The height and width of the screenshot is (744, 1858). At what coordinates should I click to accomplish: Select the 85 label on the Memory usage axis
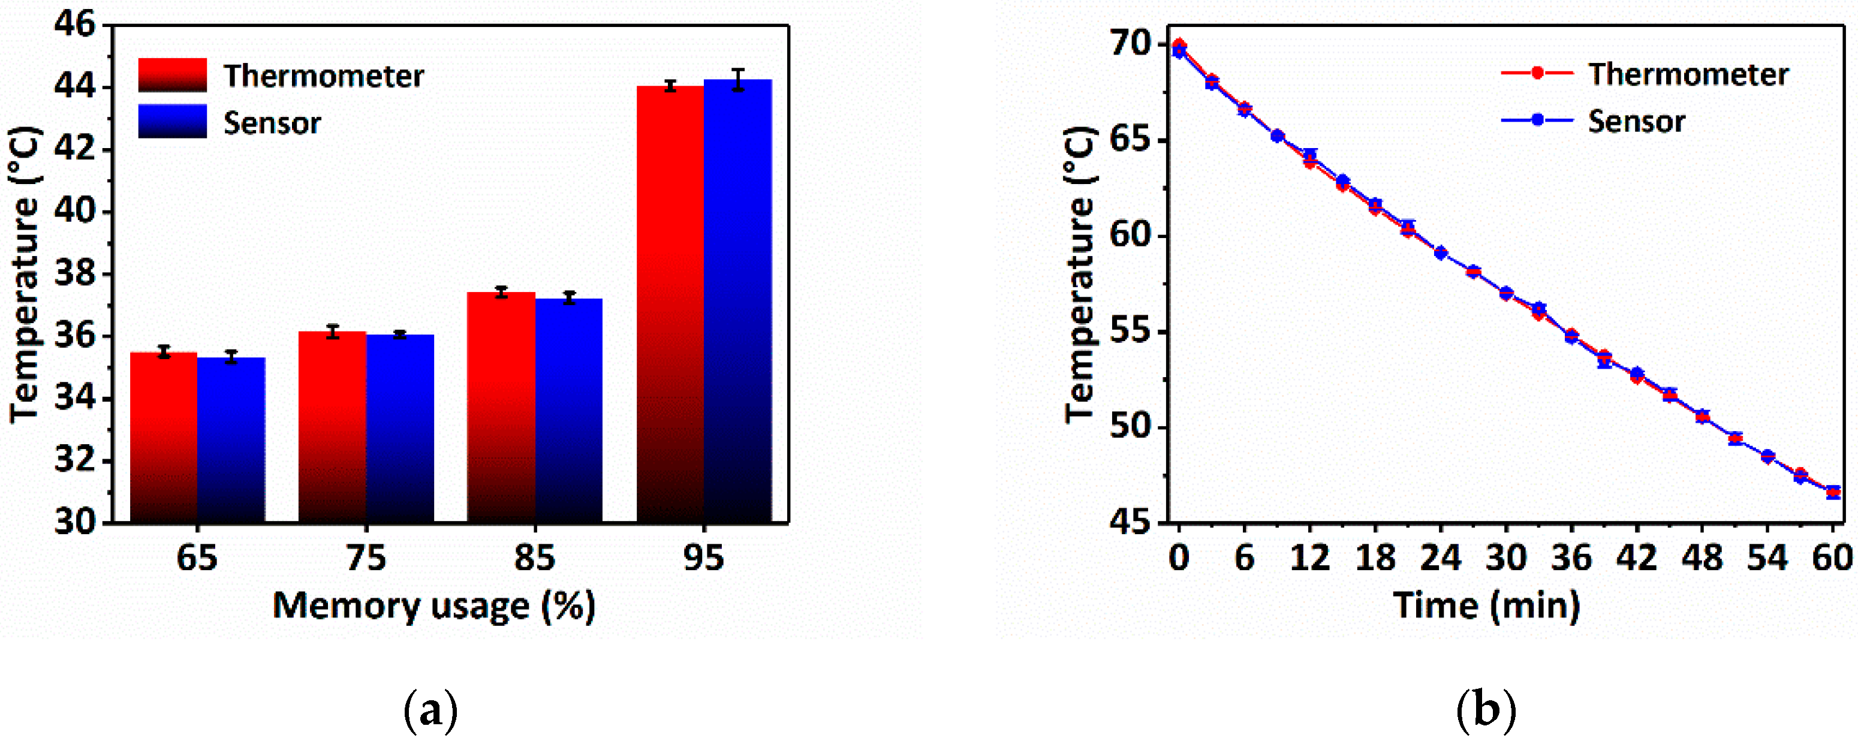(x=534, y=559)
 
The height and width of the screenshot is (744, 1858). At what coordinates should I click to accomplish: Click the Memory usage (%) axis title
(x=434, y=606)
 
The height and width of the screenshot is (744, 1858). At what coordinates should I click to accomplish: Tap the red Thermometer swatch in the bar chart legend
(x=173, y=75)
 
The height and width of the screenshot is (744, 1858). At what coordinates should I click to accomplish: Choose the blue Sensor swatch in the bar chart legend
(x=173, y=121)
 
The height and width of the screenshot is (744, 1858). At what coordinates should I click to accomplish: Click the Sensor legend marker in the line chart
(x=1537, y=120)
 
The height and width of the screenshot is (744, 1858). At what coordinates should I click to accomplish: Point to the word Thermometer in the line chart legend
(x=1688, y=75)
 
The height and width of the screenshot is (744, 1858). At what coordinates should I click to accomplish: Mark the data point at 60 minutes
(x=1833, y=492)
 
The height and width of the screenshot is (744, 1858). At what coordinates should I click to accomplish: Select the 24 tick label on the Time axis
(x=1440, y=559)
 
